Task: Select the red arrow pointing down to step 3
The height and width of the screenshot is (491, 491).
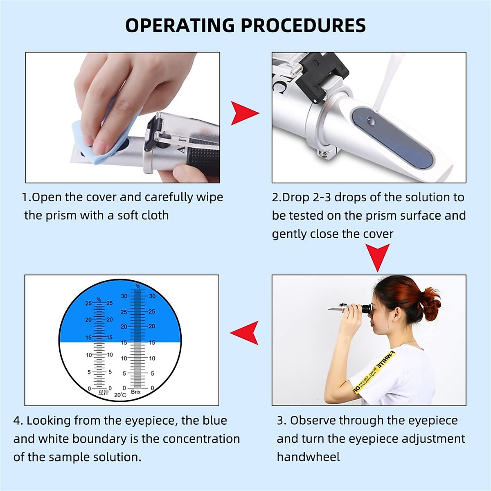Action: [377, 257]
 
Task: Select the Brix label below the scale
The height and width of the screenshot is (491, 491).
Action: [136, 392]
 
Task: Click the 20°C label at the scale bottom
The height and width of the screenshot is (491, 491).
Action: [120, 395]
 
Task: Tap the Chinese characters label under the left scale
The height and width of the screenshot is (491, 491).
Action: [104, 393]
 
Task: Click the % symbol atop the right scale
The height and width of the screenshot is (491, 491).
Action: [138, 286]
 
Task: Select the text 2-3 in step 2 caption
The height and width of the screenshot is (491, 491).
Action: [322, 198]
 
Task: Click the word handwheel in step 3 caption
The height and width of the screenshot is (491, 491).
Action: [308, 457]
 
